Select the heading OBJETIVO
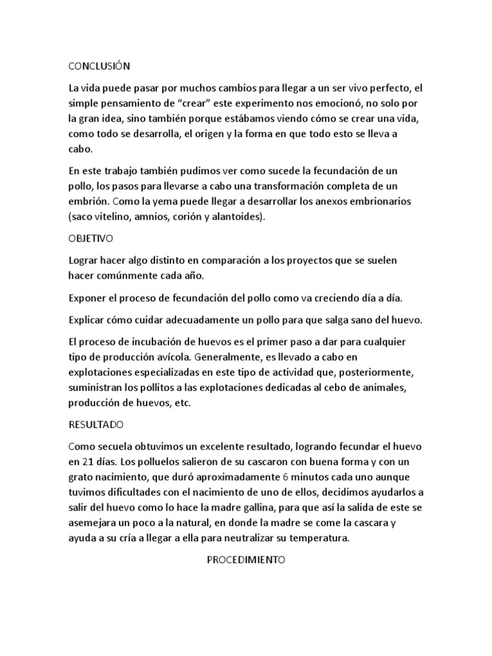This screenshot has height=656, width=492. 90,238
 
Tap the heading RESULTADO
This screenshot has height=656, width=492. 95,425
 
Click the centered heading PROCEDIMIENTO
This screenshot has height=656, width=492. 245,559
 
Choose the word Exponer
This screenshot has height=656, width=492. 88,298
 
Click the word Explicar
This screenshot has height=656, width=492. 88,320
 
